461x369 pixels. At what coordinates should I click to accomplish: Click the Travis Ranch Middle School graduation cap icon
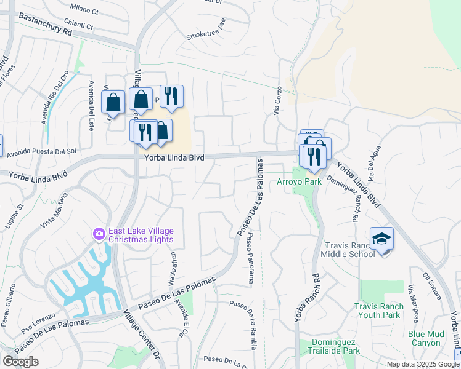[381, 238]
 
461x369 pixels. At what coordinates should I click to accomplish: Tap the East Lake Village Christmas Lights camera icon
[99, 234]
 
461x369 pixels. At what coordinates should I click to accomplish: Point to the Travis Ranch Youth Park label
[379, 311]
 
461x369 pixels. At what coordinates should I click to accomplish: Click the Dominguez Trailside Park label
[327, 346]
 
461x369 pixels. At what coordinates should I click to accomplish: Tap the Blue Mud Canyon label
[425, 338]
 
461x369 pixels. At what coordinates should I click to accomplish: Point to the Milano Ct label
[84, 10]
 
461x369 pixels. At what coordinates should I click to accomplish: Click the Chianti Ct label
[81, 26]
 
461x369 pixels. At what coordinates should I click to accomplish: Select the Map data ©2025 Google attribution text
[423, 364]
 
